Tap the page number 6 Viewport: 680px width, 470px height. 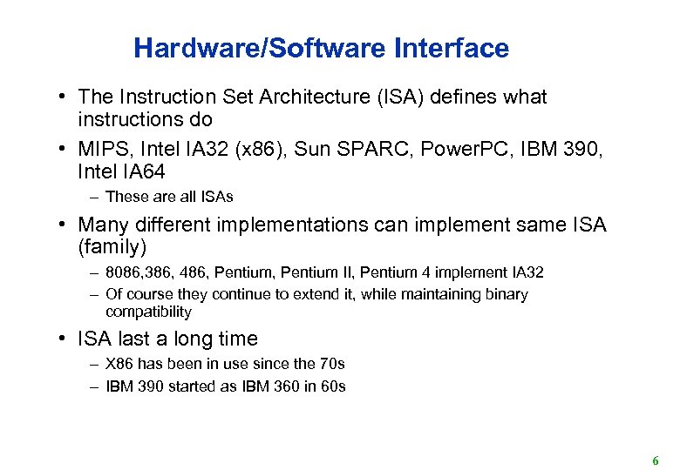655,461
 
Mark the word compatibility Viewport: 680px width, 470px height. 148,312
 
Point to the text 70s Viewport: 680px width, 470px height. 332,363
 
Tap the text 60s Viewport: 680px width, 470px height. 332,386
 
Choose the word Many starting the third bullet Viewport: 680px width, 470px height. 102,225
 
